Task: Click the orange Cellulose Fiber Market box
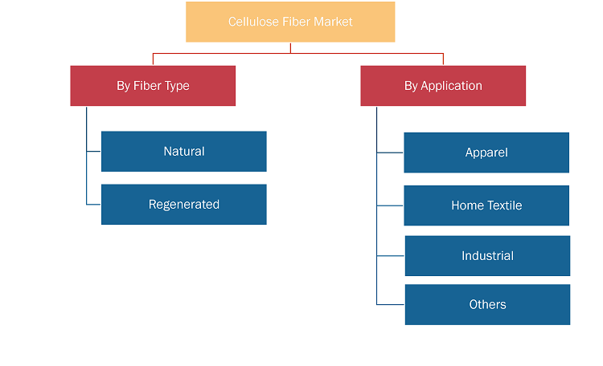pyautogui.click(x=290, y=22)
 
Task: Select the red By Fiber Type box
pyautogui.click(x=153, y=86)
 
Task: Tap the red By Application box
pyautogui.click(x=443, y=86)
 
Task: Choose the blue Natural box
pyautogui.click(x=184, y=152)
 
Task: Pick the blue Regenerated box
pyautogui.click(x=184, y=205)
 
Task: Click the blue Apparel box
pyautogui.click(x=486, y=152)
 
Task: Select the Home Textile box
pyautogui.click(x=486, y=205)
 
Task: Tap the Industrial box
pyautogui.click(x=488, y=256)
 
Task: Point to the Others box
pyautogui.click(x=488, y=304)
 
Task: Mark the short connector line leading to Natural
pyautogui.click(x=93, y=152)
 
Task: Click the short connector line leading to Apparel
pyautogui.click(x=390, y=152)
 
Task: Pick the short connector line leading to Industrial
pyautogui.click(x=390, y=256)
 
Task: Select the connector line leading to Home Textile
pyautogui.click(x=390, y=205)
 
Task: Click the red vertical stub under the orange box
pyautogui.click(x=290, y=48)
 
